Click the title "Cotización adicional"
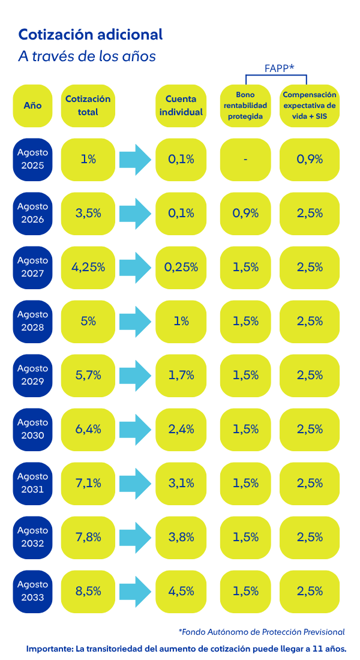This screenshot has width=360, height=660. (x=91, y=35)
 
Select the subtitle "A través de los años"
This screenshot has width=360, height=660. (x=87, y=56)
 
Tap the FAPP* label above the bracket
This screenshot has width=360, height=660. (x=279, y=68)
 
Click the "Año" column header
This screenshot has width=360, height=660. (x=32, y=105)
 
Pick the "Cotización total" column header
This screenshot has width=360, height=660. (x=88, y=105)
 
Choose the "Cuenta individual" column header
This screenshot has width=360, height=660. (x=184, y=105)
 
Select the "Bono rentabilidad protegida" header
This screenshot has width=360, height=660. (x=245, y=105)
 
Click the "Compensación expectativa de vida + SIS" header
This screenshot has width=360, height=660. (x=310, y=105)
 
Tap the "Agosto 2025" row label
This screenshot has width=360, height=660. (x=32, y=159)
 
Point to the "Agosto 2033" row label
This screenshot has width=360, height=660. (x=32, y=591)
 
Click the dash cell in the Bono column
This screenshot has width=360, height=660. (x=245, y=159)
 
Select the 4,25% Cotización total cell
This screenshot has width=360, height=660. (x=88, y=267)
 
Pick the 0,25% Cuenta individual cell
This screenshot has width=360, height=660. (x=184, y=267)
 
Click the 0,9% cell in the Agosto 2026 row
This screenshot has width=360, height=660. (x=245, y=213)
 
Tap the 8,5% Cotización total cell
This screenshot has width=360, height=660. (x=88, y=591)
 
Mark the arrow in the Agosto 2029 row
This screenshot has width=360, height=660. (x=135, y=375)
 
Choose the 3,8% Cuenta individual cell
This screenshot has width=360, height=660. (x=184, y=537)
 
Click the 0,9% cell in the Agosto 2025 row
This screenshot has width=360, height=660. (x=310, y=159)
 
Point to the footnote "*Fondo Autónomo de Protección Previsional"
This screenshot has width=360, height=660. (x=262, y=632)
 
